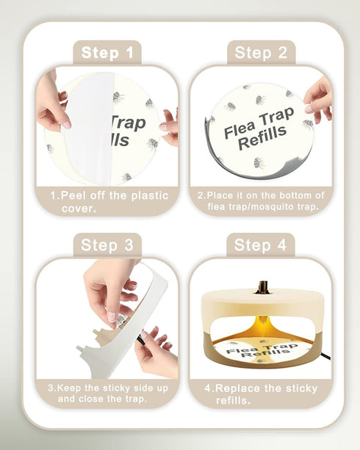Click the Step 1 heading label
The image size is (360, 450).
pyautogui.click(x=107, y=52)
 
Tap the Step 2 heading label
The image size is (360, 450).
pyautogui.click(x=261, y=52)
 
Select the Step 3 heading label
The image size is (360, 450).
pyautogui.click(x=107, y=245)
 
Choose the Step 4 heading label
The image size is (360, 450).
pyautogui.click(x=261, y=245)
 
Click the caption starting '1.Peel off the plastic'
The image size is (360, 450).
pyautogui.click(x=108, y=202)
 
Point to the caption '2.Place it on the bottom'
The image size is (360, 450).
pyautogui.click(x=261, y=200)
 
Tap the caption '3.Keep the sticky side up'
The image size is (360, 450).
pyautogui.click(x=108, y=393)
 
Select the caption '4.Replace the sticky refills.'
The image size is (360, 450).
pyautogui.click(x=261, y=393)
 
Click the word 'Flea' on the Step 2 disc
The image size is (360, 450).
pyautogui.click(x=240, y=127)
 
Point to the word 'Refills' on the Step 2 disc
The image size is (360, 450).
pyautogui.click(x=262, y=139)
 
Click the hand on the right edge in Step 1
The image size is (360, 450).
pyautogui.click(x=170, y=125)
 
